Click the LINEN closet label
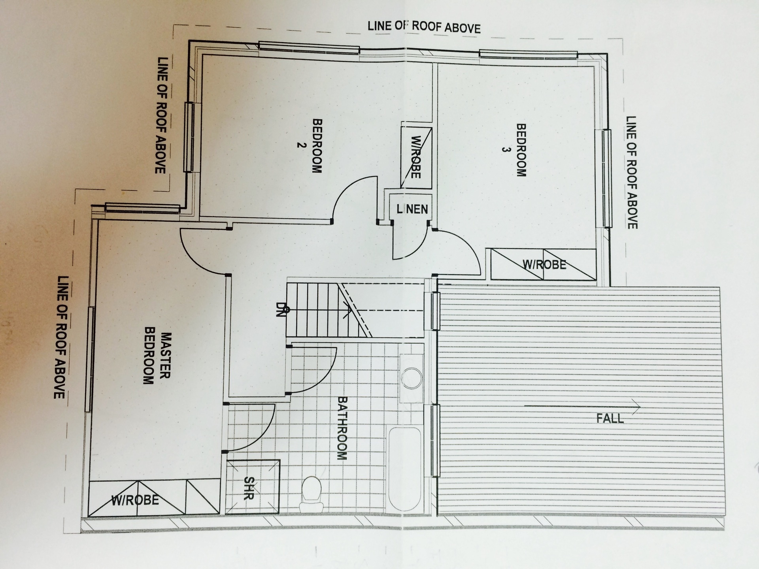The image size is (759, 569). tap(412, 209)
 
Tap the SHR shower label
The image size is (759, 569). tap(249, 488)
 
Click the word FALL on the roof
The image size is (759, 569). tap(610, 418)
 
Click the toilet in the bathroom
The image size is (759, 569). tap(312, 494)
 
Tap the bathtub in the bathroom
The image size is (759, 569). tap(405, 469)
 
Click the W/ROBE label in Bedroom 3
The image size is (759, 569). tap(544, 264)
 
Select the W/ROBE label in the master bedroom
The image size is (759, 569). tap(135, 500)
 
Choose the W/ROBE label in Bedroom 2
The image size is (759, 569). tap(415, 157)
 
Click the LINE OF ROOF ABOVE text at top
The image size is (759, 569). tap(424, 27)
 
